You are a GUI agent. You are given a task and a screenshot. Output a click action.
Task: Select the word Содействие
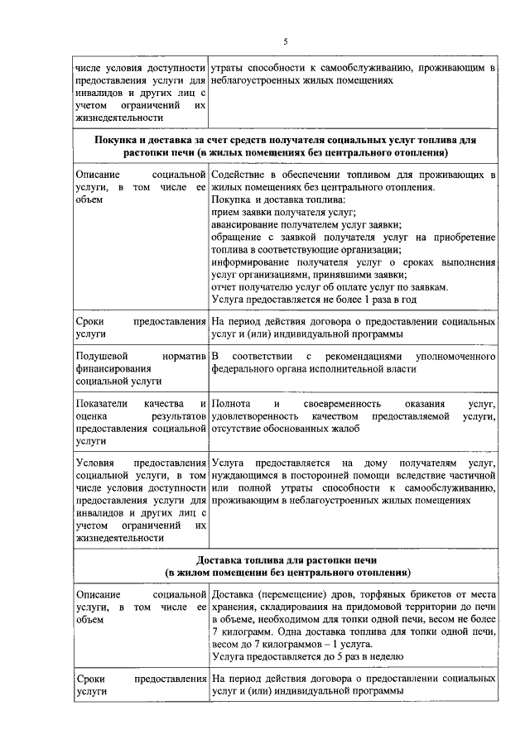coord(240,175)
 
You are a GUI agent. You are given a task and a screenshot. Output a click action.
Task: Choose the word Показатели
coord(103,404)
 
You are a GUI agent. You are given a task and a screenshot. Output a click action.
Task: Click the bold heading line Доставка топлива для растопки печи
coord(285,559)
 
